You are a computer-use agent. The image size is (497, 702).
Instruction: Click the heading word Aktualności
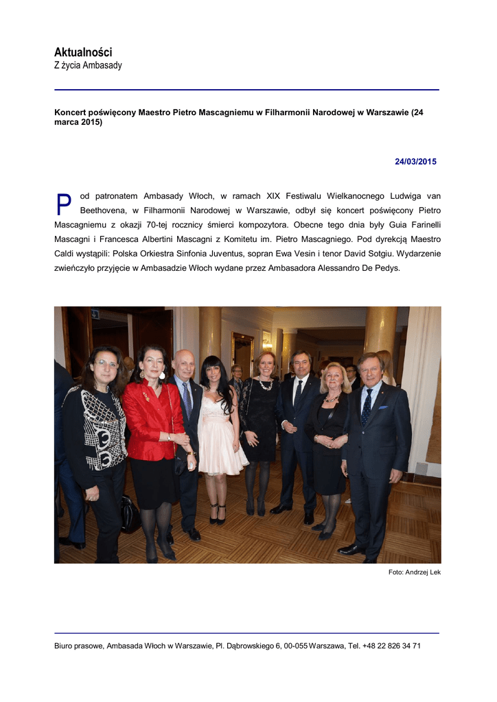(83, 52)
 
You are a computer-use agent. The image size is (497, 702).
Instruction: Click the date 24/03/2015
(415, 162)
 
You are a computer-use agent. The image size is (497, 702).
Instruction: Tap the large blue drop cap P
(64, 205)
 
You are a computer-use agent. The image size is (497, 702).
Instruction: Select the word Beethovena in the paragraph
(103, 210)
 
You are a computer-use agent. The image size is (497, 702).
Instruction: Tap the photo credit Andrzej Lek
(424, 572)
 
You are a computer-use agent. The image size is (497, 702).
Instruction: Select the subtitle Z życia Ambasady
(88, 66)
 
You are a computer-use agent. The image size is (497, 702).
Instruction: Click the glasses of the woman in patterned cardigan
(106, 363)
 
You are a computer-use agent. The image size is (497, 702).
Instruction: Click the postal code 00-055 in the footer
(296, 646)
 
